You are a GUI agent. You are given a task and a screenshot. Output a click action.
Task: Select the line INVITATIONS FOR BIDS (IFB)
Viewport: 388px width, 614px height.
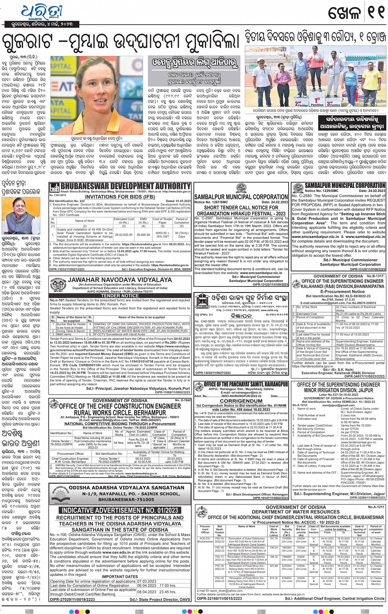pyautogui.click(x=120, y=196)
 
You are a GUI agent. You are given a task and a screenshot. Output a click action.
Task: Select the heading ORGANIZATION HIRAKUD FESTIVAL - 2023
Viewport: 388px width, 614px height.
pyautogui.click(x=241, y=213)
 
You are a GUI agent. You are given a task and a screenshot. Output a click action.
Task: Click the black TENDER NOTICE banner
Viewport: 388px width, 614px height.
pyautogui.click(x=120, y=295)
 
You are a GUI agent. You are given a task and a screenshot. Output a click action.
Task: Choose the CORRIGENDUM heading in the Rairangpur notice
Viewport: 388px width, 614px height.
pyautogui.click(x=241, y=401)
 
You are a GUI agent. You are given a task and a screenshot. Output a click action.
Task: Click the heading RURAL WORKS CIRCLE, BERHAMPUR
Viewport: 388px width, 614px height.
pyautogui.click(x=120, y=413)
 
